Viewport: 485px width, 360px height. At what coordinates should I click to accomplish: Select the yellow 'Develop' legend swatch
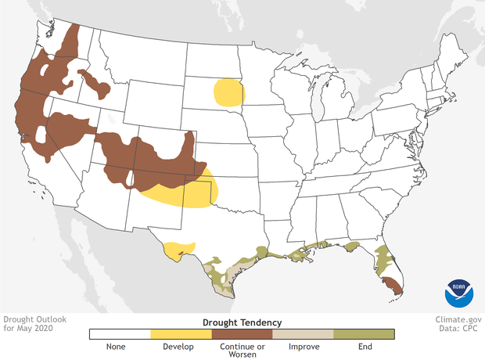coord(181,333)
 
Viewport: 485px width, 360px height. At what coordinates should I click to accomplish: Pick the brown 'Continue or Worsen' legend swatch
coord(242,333)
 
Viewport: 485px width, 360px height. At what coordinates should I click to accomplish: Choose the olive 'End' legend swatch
coord(365,333)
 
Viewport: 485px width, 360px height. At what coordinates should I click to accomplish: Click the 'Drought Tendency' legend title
coord(242,322)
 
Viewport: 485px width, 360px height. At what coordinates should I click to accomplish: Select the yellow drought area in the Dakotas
coord(228,92)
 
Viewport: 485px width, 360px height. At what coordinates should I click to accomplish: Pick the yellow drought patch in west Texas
coord(178,250)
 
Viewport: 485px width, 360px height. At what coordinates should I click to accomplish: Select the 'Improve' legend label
coord(304,347)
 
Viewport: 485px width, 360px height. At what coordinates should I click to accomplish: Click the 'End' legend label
coord(365,347)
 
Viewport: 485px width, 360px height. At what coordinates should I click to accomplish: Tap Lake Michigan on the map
coord(318,102)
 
